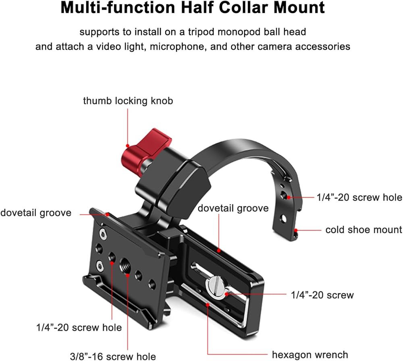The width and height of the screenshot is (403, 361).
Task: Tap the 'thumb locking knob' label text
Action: point(128,100)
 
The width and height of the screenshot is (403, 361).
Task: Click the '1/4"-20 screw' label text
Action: point(322,295)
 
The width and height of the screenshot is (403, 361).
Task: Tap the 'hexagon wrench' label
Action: point(310,355)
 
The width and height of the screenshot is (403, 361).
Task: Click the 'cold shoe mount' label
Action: point(364,230)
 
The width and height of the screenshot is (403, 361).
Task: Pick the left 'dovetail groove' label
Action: point(35,213)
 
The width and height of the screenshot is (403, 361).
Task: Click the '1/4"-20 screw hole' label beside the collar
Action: point(359,197)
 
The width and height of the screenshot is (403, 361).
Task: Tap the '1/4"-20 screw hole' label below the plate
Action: point(78,327)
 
